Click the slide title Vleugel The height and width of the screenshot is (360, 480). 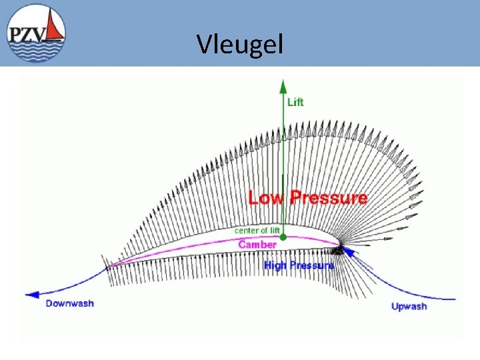tap(240, 45)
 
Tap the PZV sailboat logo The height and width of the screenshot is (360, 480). tap(37, 33)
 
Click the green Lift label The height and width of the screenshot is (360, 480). tap(295, 102)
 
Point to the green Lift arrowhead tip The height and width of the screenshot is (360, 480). tap(283, 81)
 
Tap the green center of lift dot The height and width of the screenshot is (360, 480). tap(283, 237)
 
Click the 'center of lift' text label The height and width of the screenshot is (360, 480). tap(257, 231)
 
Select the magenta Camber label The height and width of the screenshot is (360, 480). tap(257, 245)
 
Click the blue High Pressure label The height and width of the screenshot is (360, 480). tap(299, 265)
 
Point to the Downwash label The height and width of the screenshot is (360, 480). tap(69, 303)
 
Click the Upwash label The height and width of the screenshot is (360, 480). tap(408, 307)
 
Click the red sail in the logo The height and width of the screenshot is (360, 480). tap(56, 28)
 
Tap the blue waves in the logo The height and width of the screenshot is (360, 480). tap(37, 49)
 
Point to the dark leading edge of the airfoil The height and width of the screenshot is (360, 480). tap(338, 250)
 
